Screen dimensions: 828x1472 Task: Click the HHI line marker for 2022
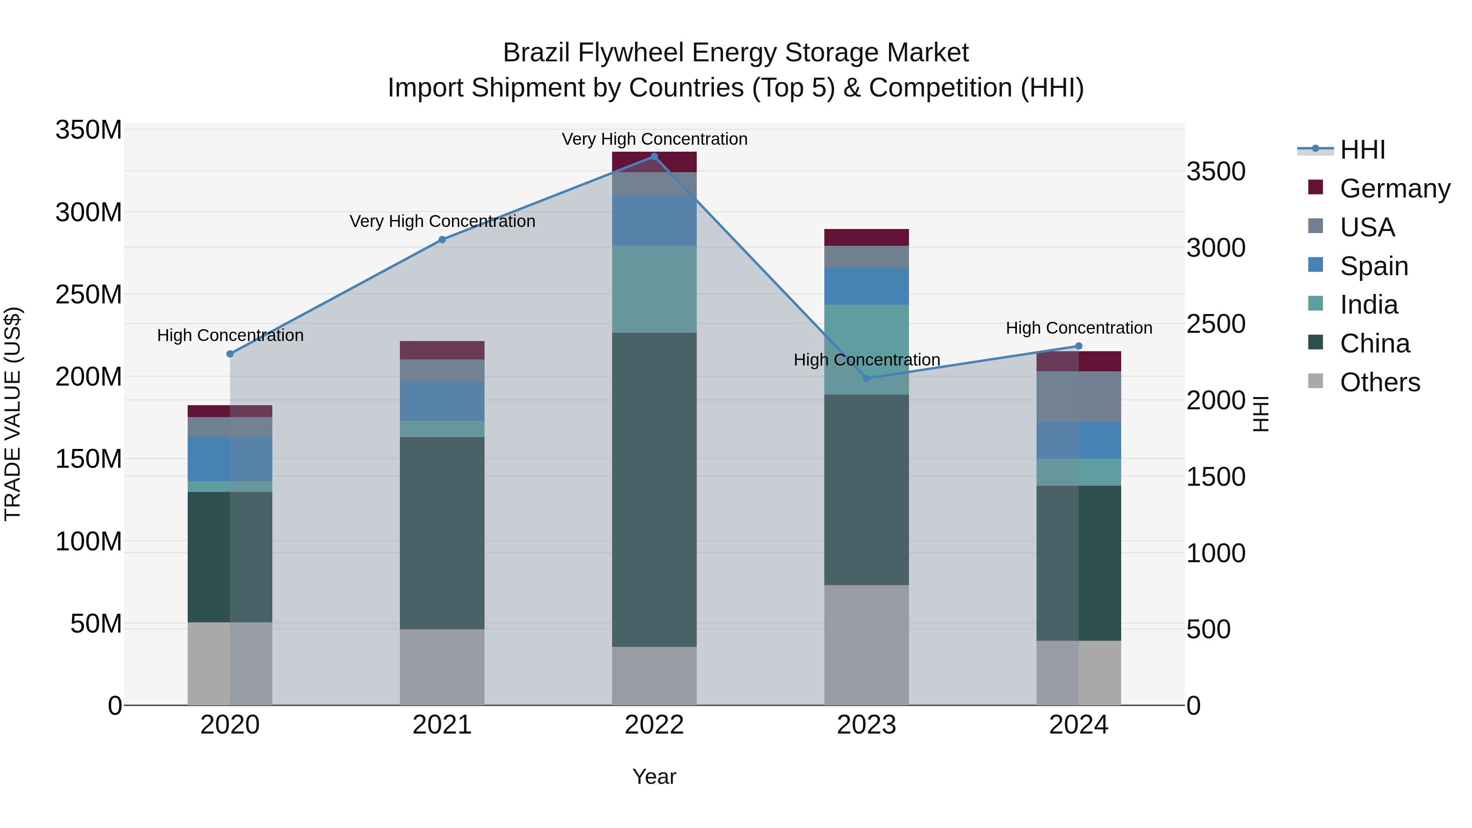point(654,157)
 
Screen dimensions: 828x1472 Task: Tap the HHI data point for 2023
point(866,378)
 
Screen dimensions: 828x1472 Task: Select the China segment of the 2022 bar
point(654,490)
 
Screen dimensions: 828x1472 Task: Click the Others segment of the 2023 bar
point(866,644)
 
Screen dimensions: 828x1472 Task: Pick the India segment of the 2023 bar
point(866,349)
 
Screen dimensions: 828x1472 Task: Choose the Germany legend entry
point(1394,188)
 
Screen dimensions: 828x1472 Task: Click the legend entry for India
point(1369,305)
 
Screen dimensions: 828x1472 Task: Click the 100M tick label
point(89,541)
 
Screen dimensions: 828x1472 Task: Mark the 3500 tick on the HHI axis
point(1216,171)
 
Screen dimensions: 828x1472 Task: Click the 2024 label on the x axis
point(1078,725)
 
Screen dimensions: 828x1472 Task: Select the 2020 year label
point(230,725)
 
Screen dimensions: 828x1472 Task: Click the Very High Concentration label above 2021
point(442,221)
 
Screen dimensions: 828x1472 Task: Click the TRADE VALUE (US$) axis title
point(13,414)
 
